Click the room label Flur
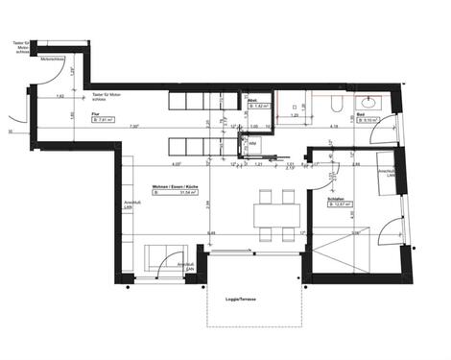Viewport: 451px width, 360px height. click(95, 113)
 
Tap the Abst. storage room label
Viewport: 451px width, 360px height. click(252, 100)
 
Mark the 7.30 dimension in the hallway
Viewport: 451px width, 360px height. click(135, 127)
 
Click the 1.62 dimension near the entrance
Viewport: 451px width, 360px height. click(59, 97)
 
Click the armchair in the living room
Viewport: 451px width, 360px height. click(159, 258)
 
